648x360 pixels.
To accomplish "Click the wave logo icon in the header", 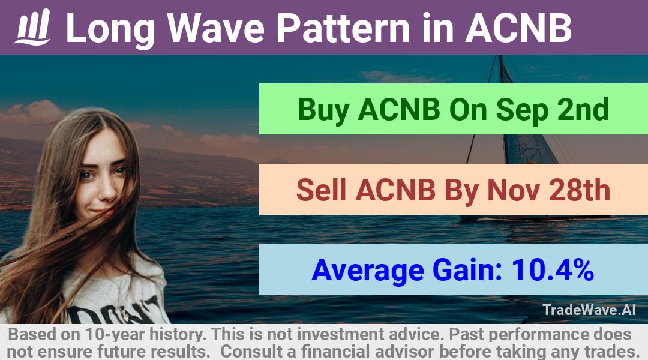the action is [x=32, y=27].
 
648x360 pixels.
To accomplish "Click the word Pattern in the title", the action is [x=343, y=28].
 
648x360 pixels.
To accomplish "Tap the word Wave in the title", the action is [x=216, y=28].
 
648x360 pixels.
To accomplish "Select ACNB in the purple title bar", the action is [x=519, y=28].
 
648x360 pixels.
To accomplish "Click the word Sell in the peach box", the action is [x=321, y=190].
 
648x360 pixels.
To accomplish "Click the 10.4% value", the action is [x=553, y=270].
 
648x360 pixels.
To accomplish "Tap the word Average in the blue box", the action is [x=368, y=271].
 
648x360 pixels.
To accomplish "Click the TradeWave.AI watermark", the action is [x=589, y=310].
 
